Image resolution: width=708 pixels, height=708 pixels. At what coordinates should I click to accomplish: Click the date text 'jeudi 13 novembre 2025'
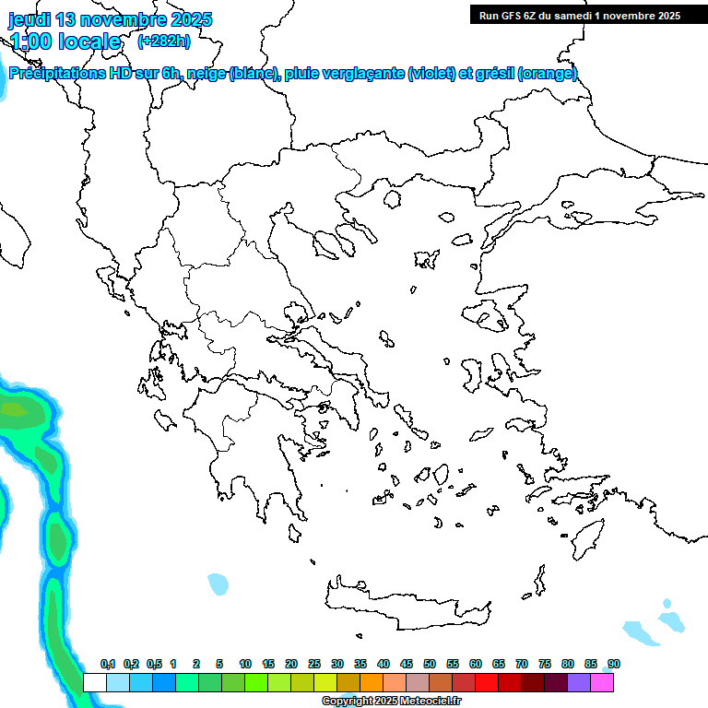[x=110, y=19]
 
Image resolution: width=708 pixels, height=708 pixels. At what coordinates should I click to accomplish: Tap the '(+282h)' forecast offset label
[x=164, y=41]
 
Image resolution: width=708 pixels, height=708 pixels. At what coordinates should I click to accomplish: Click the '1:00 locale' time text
[x=65, y=41]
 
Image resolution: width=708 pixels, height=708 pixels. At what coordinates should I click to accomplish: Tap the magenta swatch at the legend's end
[x=602, y=682]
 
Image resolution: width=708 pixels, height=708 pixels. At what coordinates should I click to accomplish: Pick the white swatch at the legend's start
[x=95, y=682]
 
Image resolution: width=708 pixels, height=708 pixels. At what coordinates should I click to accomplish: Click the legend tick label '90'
[x=613, y=664]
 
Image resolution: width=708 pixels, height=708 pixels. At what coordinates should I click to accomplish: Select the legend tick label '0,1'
[x=108, y=664]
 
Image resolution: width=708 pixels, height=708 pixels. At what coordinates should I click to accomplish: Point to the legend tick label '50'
[x=430, y=664]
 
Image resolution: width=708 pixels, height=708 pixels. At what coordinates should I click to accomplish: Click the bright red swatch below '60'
[x=487, y=682]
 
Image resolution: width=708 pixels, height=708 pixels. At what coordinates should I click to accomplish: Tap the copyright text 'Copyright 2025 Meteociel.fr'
[x=392, y=702]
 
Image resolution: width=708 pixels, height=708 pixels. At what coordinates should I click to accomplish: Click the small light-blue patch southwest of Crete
[x=218, y=584]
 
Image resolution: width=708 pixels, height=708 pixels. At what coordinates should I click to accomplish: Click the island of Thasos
[x=393, y=200]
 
